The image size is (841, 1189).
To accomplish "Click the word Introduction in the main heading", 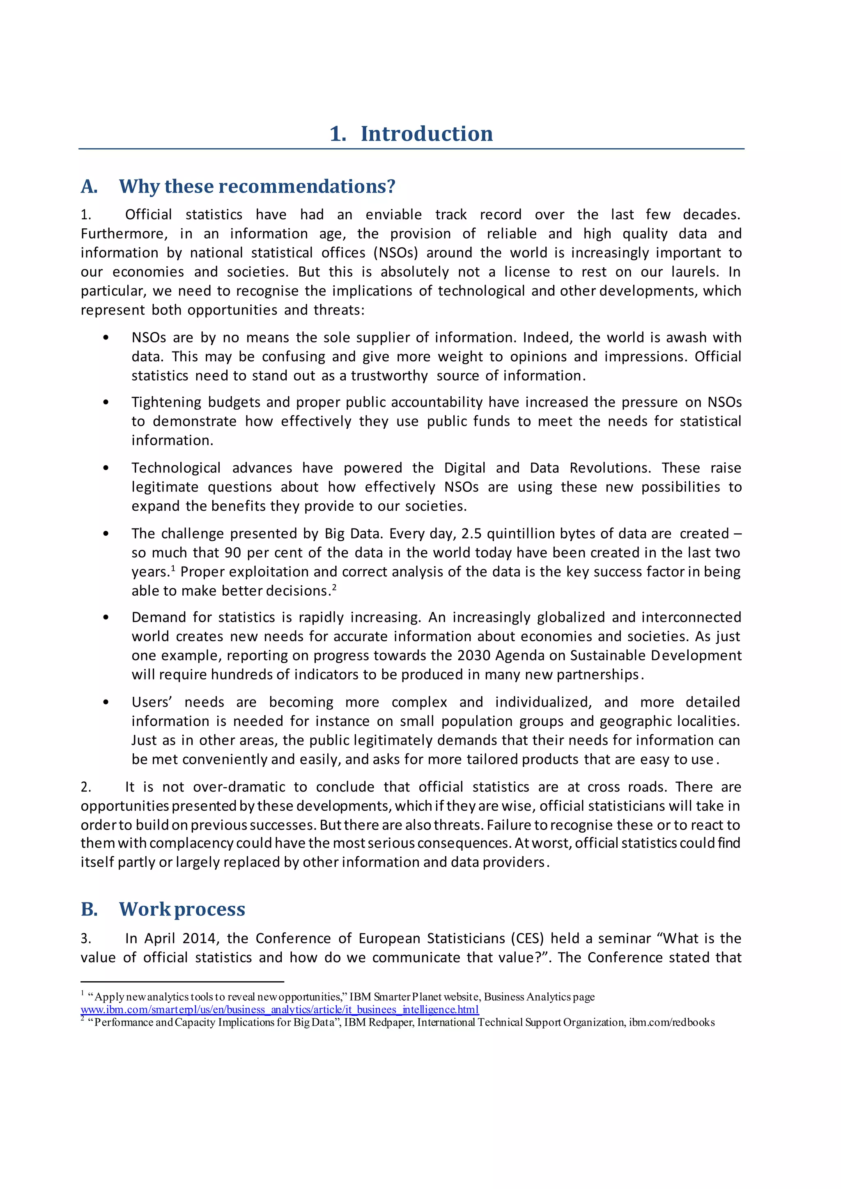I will click(426, 133).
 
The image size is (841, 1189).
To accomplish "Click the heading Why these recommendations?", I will click(257, 186).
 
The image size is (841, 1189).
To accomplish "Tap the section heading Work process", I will click(182, 909).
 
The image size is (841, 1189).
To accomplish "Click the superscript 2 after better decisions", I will click(335, 587).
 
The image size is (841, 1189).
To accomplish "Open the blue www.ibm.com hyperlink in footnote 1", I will click(280, 1010).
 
